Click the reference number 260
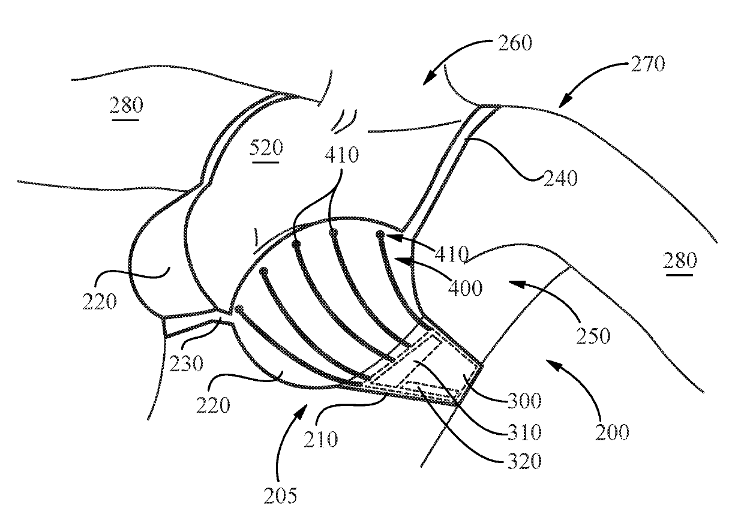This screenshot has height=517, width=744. click(515, 44)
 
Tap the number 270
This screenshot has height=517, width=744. click(648, 63)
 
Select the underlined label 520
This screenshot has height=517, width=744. click(266, 147)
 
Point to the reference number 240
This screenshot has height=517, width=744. click(561, 178)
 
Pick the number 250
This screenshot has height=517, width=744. click(593, 335)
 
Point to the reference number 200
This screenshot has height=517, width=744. click(612, 431)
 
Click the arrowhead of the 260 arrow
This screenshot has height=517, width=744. click(424, 82)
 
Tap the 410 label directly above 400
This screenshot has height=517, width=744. click(451, 255)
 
